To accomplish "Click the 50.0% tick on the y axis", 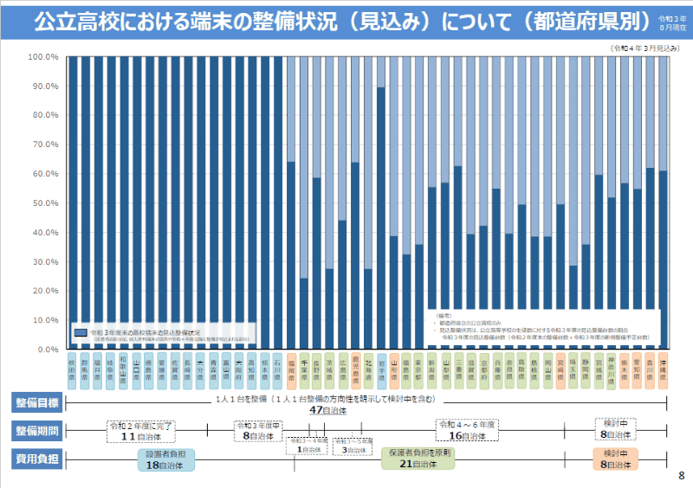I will [x=43, y=203].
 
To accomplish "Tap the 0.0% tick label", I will [x=45, y=350].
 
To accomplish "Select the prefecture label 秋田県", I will [x=72, y=367].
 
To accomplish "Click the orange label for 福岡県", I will [x=291, y=367].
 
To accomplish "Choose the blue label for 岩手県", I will [x=380, y=367].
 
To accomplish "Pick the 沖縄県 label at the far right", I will [x=663, y=367].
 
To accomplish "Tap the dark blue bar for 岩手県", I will [x=380, y=216].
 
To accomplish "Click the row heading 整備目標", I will [x=36, y=402].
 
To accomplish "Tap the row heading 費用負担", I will [x=36, y=459].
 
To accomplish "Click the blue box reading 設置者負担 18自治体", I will [x=166, y=459].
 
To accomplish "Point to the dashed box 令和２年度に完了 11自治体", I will [x=139, y=431].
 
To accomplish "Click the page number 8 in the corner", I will [x=681, y=475].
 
